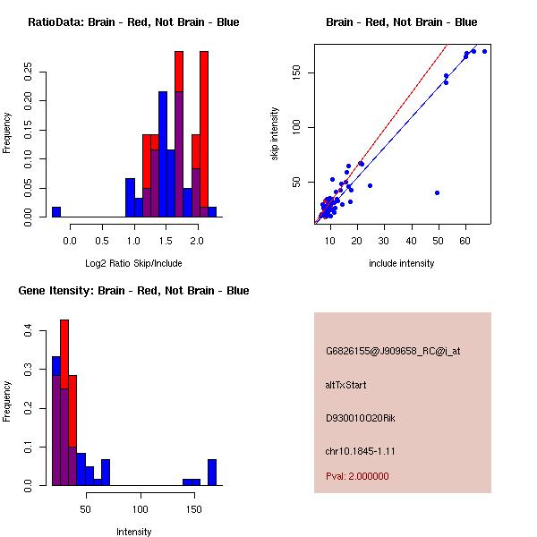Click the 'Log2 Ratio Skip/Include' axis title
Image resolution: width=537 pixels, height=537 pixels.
point(133,264)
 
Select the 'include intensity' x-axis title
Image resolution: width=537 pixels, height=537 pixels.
point(402,264)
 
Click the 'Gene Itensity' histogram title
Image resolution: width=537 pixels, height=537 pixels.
point(133,291)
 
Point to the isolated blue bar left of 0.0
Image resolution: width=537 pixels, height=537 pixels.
point(56,211)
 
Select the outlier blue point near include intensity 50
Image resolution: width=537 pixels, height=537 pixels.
point(437,192)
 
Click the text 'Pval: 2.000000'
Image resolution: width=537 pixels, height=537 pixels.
point(357,476)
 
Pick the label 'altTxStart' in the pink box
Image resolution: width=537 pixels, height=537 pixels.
point(346,385)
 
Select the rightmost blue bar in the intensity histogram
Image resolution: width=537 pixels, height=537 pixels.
point(212,472)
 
